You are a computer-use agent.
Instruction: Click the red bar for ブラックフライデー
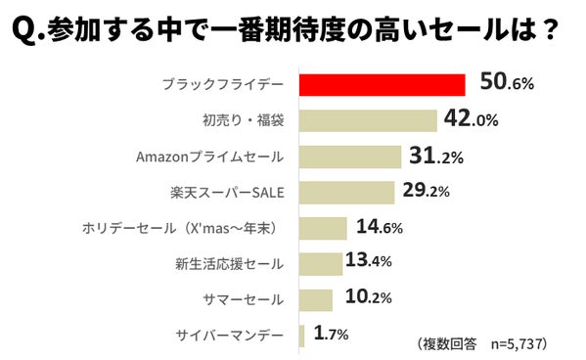tap(381, 84)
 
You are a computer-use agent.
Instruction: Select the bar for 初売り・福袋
tap(367, 120)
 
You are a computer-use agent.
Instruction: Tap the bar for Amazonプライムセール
tap(349, 157)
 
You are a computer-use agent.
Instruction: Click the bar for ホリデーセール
tap(322, 228)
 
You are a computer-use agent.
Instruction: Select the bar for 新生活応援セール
tap(320, 263)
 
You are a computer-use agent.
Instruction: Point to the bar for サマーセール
tap(315, 299)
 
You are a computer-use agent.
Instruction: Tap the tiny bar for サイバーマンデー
tap(301, 335)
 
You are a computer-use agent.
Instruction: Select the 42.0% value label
tap(473, 119)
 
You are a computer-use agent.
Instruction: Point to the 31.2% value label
tap(436, 156)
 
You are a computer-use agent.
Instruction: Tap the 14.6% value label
tap(379, 227)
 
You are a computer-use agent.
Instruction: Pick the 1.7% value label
tap(331, 335)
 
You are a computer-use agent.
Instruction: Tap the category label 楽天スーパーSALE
tap(227, 193)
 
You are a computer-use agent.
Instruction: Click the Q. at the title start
tap(26, 29)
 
